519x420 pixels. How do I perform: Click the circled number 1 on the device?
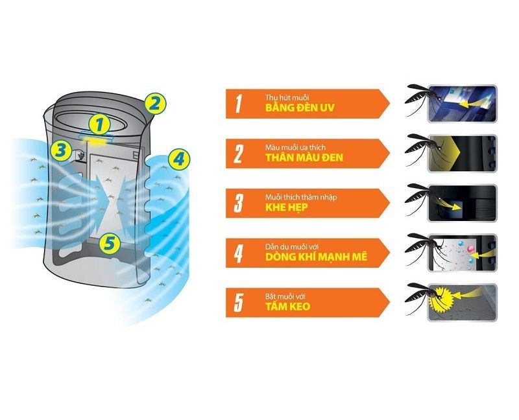point(99,125)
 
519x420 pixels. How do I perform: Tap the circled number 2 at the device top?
point(155,104)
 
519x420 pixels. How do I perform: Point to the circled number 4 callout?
point(179,159)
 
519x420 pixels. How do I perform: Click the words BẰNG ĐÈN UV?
point(300,108)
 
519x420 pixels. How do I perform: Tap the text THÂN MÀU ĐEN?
point(304,157)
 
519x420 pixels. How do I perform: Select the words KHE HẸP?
point(286,207)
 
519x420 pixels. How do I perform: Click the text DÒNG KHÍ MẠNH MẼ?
point(316,257)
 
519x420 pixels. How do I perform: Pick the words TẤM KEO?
point(287,307)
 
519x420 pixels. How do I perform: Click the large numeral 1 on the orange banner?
point(238,104)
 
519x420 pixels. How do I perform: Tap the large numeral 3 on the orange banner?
point(238,203)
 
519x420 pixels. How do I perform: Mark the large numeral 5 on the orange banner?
point(238,303)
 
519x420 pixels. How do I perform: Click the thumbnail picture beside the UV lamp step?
point(462,104)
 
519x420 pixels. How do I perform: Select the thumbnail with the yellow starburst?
point(462,303)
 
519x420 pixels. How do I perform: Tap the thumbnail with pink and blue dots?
point(462,253)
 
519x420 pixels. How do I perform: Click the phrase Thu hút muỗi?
point(287,98)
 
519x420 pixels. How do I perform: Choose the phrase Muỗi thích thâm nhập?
point(301,198)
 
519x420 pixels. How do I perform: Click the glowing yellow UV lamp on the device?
point(97,141)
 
